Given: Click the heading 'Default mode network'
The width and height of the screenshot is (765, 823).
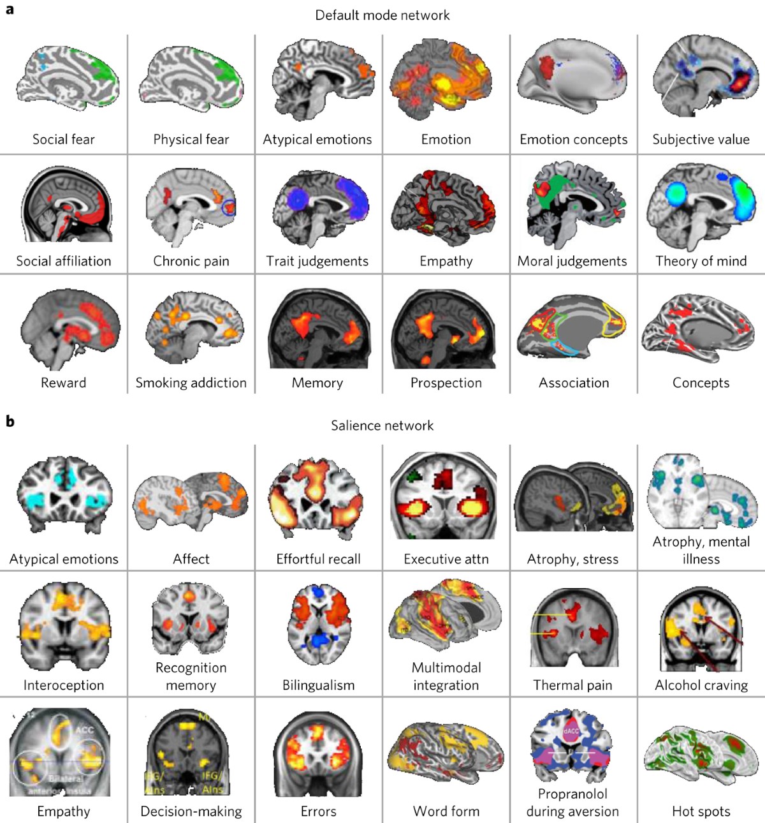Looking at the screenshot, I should [x=382, y=15].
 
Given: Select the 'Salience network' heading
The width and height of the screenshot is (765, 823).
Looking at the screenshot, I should [x=382, y=426].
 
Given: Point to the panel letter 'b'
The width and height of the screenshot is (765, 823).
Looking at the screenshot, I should [x=10, y=421].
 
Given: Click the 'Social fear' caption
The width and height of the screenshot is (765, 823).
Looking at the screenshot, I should [x=63, y=139].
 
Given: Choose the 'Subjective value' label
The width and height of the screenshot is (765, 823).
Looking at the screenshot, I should [x=701, y=139].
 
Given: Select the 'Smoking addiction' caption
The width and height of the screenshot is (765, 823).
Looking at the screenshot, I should [x=191, y=383].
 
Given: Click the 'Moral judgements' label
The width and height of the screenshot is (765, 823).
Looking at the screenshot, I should [x=572, y=261].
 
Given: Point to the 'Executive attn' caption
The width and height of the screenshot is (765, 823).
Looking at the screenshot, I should [x=446, y=560].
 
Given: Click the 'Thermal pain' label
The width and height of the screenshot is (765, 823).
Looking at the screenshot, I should [x=572, y=685].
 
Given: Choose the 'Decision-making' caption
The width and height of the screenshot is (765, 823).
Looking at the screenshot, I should [x=191, y=812].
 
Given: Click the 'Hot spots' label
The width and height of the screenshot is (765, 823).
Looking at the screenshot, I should [x=701, y=812].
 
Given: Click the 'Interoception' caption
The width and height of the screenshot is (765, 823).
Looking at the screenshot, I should [x=63, y=685].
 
